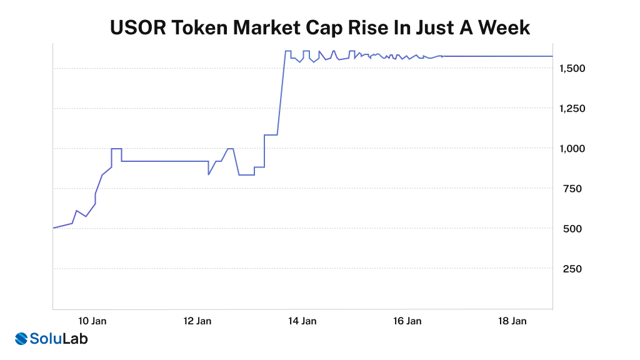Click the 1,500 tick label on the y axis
pyautogui.click(x=573, y=67)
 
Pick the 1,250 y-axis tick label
pyautogui.click(x=573, y=108)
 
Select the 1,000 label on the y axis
pyautogui.click(x=573, y=148)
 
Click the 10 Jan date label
pyautogui.click(x=92, y=321)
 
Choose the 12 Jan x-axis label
pyautogui.click(x=197, y=321)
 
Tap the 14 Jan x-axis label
pyautogui.click(x=302, y=321)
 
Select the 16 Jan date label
pyautogui.click(x=407, y=321)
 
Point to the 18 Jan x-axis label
pyautogui.click(x=512, y=321)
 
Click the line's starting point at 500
pyautogui.click(x=54, y=227)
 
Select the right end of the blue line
pyautogui.click(x=552, y=56)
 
